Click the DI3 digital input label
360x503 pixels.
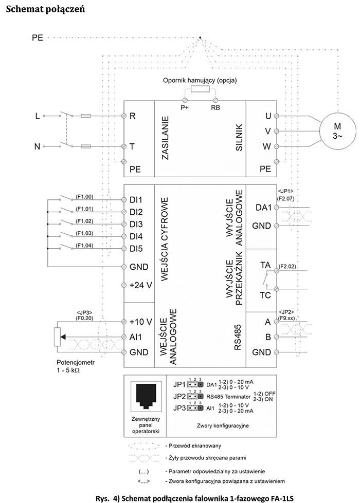pos(136,224)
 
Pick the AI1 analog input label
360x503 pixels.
pos(136,337)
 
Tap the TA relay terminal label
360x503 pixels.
pos(265,266)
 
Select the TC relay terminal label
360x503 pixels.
pos(265,295)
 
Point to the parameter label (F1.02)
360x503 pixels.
pos(85,220)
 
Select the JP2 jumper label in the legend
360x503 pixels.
pos(179,396)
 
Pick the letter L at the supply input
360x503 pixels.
pos(37,116)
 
